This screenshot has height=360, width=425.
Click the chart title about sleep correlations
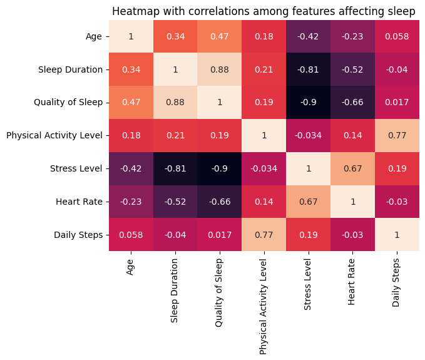(264, 11)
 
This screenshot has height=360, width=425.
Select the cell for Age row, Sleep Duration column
(175, 36)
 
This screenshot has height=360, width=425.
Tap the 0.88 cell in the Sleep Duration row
(220, 69)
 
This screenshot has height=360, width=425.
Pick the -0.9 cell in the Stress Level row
(220, 168)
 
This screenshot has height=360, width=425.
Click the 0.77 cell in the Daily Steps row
(264, 235)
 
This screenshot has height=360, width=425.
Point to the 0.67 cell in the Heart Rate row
(309, 202)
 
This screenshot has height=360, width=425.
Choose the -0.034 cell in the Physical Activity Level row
(309, 135)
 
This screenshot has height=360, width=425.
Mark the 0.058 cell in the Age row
(397, 36)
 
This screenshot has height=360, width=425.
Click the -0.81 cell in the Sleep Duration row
(309, 69)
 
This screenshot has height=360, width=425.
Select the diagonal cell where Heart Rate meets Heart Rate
(353, 202)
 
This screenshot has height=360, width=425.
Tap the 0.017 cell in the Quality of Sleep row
(397, 103)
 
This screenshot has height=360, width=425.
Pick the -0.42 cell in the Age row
(309, 36)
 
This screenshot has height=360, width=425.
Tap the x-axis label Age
(131, 267)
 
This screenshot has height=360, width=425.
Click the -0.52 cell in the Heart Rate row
(175, 202)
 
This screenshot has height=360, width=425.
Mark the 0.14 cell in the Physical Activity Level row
(353, 135)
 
